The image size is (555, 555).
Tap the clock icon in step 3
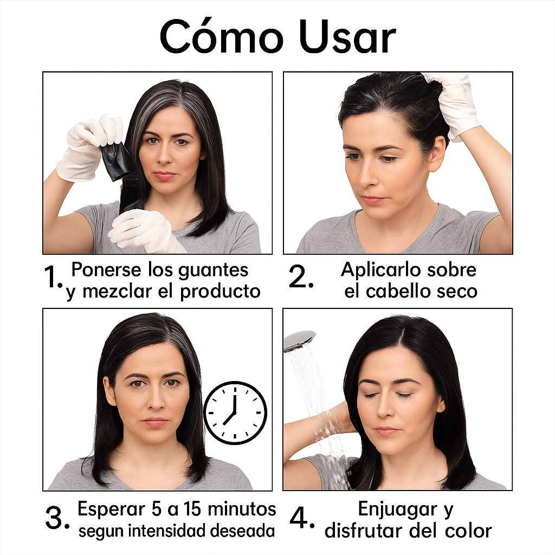[x=235, y=413]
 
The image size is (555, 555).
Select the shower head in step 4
[x=299, y=340]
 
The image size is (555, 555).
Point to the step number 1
[x=53, y=279]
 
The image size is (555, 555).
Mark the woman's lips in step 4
[x=386, y=431]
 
